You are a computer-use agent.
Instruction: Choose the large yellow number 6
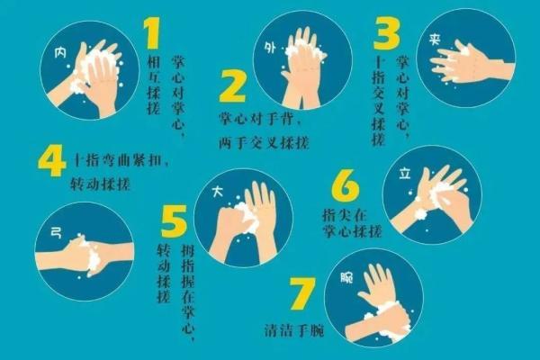click(343, 186)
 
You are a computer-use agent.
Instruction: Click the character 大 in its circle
click(217, 192)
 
